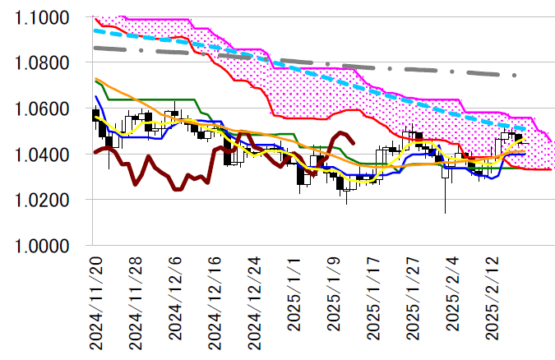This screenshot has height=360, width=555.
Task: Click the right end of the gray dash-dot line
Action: click(x=516, y=75)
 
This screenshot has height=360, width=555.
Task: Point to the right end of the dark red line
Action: click(x=353, y=143)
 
